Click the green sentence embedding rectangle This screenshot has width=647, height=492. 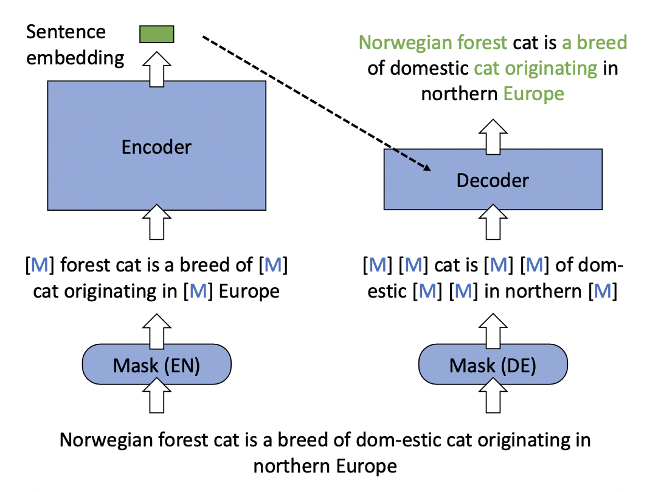click(x=157, y=34)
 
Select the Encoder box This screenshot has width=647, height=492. click(x=156, y=145)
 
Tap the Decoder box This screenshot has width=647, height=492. click(x=493, y=179)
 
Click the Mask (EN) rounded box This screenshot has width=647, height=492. click(x=157, y=366)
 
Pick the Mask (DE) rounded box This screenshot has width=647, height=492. click(x=493, y=366)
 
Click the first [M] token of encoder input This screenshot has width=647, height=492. click(x=38, y=265)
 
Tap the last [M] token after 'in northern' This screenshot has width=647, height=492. click(x=603, y=291)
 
